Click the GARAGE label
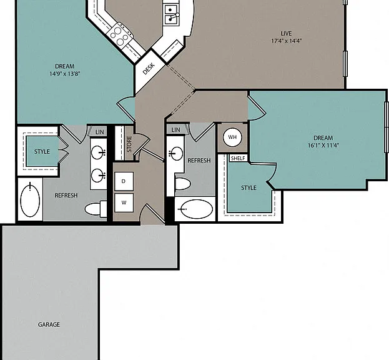(49, 324)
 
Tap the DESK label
(149, 68)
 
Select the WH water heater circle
(232, 137)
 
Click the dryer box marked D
(124, 181)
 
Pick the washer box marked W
(124, 202)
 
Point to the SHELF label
(238, 158)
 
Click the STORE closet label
(129, 144)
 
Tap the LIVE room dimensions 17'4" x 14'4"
(287, 41)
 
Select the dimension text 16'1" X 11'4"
(323, 145)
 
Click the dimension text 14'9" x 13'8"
(64, 74)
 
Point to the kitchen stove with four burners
(120, 36)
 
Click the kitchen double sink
(170, 14)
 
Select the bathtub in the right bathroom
(195, 209)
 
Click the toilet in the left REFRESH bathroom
(96, 209)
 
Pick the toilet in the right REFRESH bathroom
(182, 184)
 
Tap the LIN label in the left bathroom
(99, 132)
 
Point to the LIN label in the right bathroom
(175, 129)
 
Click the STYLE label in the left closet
(42, 151)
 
